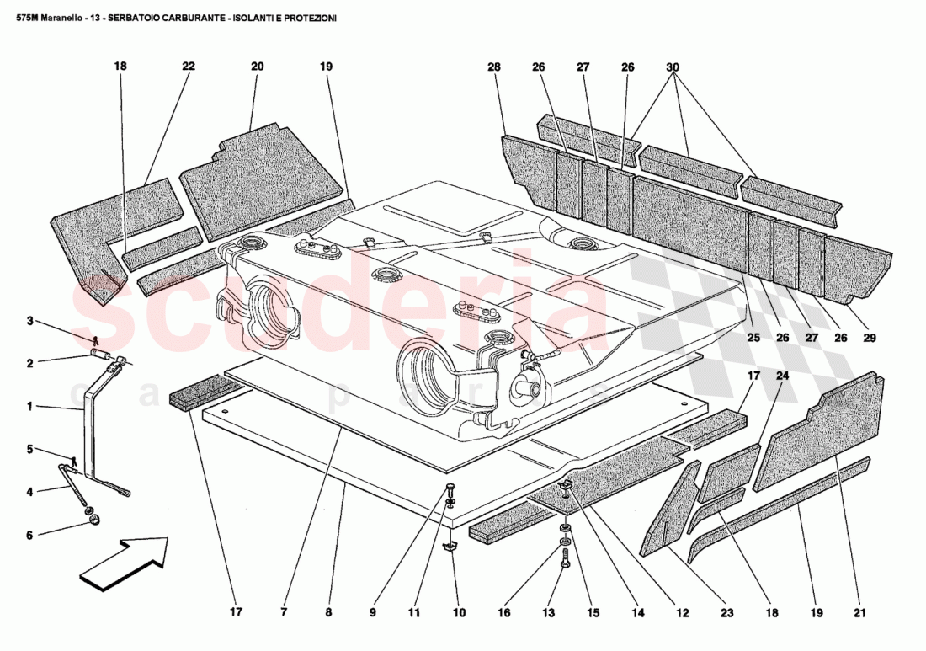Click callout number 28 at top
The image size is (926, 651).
(x=494, y=67)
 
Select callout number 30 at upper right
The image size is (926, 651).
(x=672, y=67)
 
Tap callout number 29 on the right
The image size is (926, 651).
(x=870, y=338)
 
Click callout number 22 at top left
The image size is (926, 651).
(x=188, y=67)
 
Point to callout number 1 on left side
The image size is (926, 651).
(x=29, y=406)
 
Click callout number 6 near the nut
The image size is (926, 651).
(x=29, y=535)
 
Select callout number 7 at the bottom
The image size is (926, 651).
(x=285, y=613)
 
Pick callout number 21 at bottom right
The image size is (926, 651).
(x=859, y=613)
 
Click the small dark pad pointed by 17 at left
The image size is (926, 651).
(x=205, y=392)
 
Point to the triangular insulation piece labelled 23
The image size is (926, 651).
(x=669, y=514)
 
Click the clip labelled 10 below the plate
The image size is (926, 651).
(x=450, y=547)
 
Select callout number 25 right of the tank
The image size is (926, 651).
(x=753, y=338)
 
